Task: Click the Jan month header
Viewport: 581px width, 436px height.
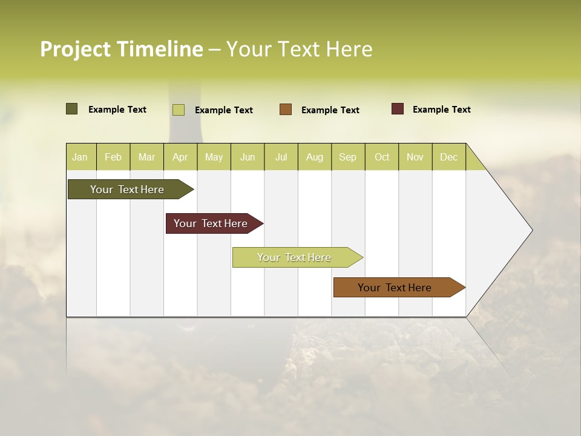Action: [x=80, y=157]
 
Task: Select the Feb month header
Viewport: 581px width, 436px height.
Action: [x=113, y=157]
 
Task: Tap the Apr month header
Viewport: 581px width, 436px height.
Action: [x=180, y=157]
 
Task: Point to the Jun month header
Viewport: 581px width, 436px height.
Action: [x=248, y=157]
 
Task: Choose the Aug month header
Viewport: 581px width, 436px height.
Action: [x=315, y=157]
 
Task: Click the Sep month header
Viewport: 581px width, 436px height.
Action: [x=348, y=157]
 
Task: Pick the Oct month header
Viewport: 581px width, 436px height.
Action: [x=382, y=157]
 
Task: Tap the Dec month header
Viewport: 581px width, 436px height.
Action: [x=449, y=157]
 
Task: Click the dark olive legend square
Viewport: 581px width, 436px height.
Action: [x=72, y=109]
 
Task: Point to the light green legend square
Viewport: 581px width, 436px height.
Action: [x=179, y=110]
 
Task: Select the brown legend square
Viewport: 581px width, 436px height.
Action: [x=286, y=109]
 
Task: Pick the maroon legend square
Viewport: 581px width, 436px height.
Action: [x=398, y=109]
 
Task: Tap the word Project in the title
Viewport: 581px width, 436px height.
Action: [x=76, y=49]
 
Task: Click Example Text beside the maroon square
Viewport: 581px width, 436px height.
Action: [x=442, y=110]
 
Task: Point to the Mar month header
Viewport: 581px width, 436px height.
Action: [x=147, y=157]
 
